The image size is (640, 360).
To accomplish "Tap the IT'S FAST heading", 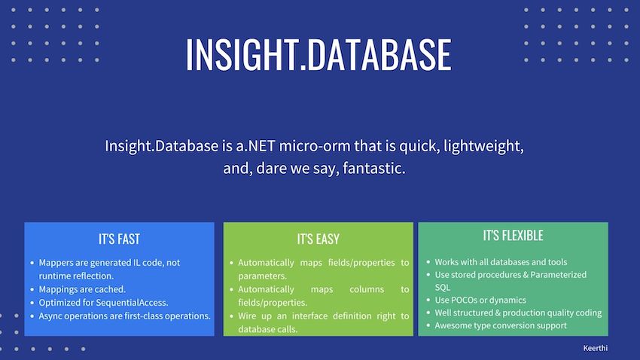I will (119, 239).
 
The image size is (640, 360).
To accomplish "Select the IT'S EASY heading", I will (318, 239).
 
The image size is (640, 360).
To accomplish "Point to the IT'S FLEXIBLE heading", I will (513, 236).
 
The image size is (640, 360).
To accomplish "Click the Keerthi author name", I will (596, 349).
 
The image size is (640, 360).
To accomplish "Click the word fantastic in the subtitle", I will (373, 169).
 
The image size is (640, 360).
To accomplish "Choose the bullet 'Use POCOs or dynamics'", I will (480, 300).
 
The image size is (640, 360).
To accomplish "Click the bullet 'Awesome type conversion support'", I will (501, 325).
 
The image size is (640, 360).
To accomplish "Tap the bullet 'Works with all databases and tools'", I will (501, 261).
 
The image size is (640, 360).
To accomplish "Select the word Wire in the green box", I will (249, 316).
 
